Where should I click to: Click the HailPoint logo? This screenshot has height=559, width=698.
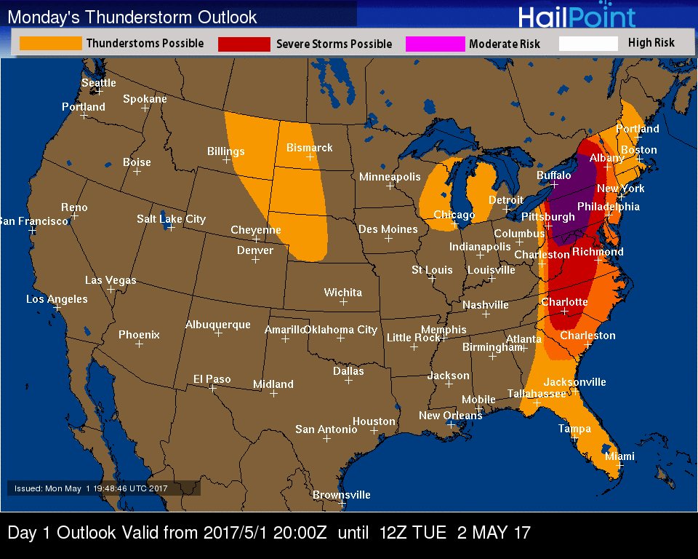577,17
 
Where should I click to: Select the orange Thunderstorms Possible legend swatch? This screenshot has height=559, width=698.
50,44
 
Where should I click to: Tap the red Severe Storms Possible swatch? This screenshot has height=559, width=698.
244,44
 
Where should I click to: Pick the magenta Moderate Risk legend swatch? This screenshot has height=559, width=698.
435,44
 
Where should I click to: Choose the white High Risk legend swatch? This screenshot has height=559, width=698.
588,44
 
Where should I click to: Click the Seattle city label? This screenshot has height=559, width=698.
98,83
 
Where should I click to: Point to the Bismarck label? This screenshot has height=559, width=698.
309,148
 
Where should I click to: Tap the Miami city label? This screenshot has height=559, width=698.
619,456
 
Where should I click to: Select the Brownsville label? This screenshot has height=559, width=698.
341,495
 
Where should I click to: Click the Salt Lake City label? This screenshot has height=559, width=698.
171,219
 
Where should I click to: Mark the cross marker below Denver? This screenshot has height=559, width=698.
255,259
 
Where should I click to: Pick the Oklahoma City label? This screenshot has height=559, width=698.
340,330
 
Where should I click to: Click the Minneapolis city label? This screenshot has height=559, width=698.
390,177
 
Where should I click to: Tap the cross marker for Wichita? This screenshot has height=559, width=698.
343,301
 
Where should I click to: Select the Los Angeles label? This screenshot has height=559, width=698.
57,299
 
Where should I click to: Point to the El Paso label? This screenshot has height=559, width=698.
212,378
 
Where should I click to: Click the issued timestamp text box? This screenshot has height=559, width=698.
104,488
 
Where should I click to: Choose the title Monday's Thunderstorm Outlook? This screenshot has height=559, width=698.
132,17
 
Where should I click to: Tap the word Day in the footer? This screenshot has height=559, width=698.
21,533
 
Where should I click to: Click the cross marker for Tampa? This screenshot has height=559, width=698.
574,437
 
